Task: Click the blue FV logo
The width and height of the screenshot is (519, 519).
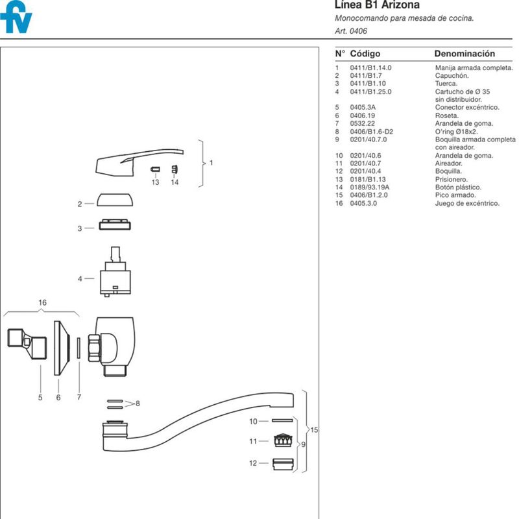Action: [x=16, y=17]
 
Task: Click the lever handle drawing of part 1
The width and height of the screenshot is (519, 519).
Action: [x=132, y=162]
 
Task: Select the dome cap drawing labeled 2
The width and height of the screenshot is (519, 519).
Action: [x=115, y=200]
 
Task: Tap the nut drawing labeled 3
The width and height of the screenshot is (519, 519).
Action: [x=115, y=224]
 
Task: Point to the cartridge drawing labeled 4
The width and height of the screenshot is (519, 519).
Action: [x=115, y=271]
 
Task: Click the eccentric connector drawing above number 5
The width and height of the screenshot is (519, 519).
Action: [x=27, y=344]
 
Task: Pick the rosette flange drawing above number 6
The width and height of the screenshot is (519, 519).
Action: [x=62, y=348]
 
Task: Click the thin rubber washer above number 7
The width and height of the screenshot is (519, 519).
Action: [x=78, y=348]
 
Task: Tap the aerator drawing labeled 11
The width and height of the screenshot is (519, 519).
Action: [x=284, y=441]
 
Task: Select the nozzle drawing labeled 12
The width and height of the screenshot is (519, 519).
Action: [x=283, y=464]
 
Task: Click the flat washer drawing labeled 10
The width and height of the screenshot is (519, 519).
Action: [x=282, y=420]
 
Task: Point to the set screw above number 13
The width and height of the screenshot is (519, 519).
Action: [x=155, y=169]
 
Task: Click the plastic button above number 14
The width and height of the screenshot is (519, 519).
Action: [x=175, y=169]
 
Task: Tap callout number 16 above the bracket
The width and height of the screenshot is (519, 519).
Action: [x=42, y=302]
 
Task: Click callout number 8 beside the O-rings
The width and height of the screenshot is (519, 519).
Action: [x=138, y=404]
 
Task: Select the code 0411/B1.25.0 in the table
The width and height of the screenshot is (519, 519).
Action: [x=370, y=91]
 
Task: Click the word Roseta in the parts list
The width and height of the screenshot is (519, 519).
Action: [x=446, y=115]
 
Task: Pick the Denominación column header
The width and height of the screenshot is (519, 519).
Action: [x=465, y=54]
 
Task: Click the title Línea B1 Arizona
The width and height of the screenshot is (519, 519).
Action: [x=377, y=5]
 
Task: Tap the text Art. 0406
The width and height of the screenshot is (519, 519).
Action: [x=351, y=31]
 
